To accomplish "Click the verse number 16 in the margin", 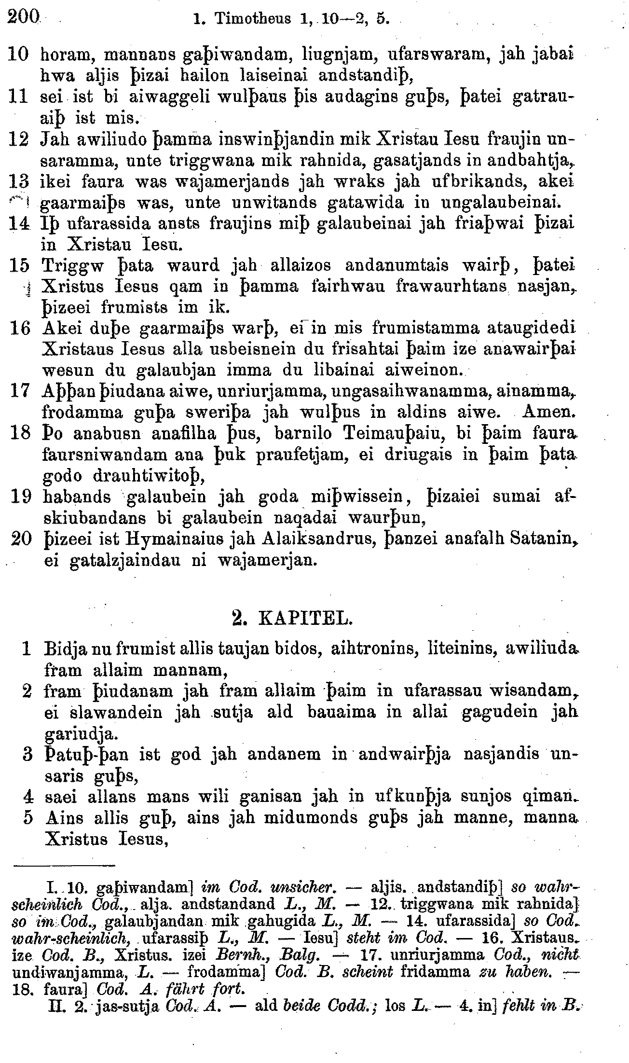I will point(20,329).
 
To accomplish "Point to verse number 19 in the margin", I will point(20,497).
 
